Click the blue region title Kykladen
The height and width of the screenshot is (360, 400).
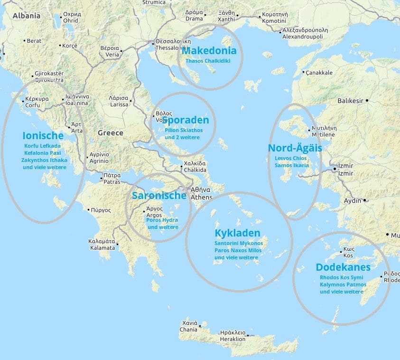(237, 233)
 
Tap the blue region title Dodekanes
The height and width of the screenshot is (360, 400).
(343, 267)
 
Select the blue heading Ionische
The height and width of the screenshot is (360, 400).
(43, 136)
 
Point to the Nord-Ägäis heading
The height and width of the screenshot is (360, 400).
(295, 148)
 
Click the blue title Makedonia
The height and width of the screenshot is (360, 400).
(209, 51)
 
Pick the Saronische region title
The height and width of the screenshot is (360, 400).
(159, 196)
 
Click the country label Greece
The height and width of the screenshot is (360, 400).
(111, 133)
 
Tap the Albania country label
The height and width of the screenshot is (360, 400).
(27, 16)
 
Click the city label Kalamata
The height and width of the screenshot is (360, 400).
(102, 247)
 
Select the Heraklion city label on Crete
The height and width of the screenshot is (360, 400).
(233, 339)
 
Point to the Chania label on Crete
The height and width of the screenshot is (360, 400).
(188, 330)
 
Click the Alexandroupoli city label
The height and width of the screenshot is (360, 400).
(303, 36)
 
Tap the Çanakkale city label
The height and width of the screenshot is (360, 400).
(319, 73)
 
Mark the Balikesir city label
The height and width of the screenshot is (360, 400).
(351, 101)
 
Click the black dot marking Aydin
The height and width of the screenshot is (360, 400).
(364, 200)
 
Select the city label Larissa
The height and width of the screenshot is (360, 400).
(119, 104)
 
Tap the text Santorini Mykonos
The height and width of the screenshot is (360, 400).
(238, 243)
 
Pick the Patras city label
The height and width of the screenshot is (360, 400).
(112, 181)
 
